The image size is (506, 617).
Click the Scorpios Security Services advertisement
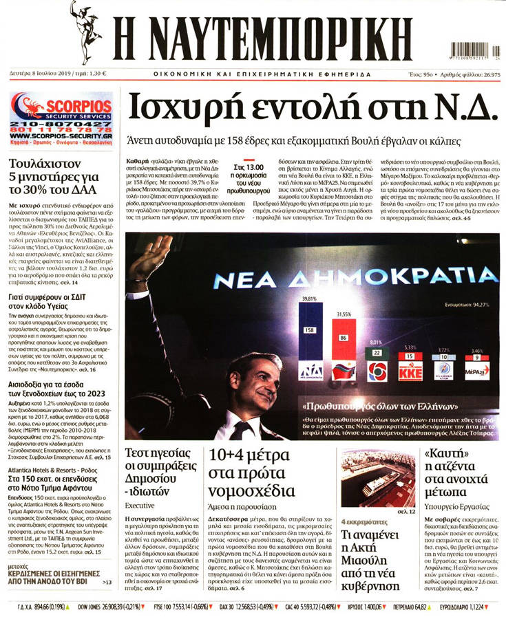[x=62, y=117]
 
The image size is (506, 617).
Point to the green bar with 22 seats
[x=376, y=353]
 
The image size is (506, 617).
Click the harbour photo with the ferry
[x=378, y=476]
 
